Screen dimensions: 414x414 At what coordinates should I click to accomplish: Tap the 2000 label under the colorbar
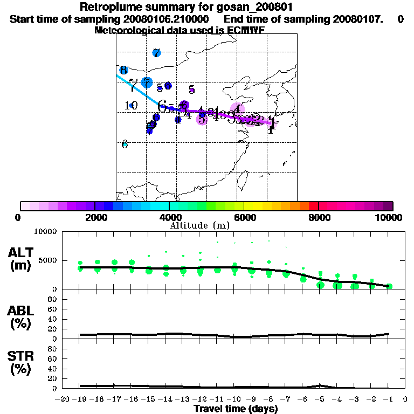pos(95,217)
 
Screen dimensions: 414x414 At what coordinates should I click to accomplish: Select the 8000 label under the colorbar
pos(319,217)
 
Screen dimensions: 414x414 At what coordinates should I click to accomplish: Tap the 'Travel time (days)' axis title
pos(236,409)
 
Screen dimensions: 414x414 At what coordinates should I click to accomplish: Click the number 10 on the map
pos(131,106)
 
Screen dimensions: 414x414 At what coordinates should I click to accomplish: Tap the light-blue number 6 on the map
pos(125,144)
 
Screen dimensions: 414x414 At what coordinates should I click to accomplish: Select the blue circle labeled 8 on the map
pos(123,70)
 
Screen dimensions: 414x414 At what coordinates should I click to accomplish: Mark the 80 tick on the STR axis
pos(53,349)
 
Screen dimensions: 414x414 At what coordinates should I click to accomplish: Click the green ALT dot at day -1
pos(389,286)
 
